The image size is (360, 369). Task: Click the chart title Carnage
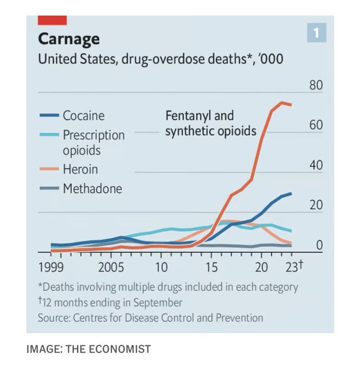pyautogui.click(x=68, y=39)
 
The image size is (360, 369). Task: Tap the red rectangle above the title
pyautogui.click(x=52, y=20)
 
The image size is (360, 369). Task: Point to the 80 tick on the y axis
pyautogui.click(x=316, y=85)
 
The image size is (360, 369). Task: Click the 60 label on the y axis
pyautogui.click(x=316, y=125)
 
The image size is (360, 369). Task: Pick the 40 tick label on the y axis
pyautogui.click(x=316, y=166)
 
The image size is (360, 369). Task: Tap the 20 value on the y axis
pyautogui.click(x=316, y=206)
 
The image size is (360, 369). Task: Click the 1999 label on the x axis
pyautogui.click(x=52, y=268)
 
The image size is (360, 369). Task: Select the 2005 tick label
pyautogui.click(x=112, y=268)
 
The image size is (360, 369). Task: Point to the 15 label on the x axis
pyautogui.click(x=211, y=268)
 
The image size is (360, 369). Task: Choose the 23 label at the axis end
pyautogui.click(x=292, y=268)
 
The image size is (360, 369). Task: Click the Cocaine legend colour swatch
pyautogui.click(x=49, y=116)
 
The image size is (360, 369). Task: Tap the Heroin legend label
pyautogui.click(x=80, y=169)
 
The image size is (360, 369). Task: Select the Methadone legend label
pyautogui.click(x=92, y=189)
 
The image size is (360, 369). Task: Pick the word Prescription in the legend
pyautogui.click(x=93, y=135)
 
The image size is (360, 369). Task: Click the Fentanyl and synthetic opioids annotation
pyautogui.click(x=210, y=123)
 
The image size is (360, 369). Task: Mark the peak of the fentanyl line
pyautogui.click(x=282, y=103)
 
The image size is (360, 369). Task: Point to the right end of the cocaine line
pyautogui.click(x=292, y=193)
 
